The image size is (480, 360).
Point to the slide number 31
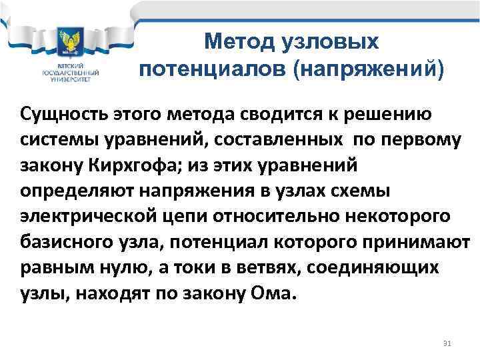pyautogui.click(x=447, y=343)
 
